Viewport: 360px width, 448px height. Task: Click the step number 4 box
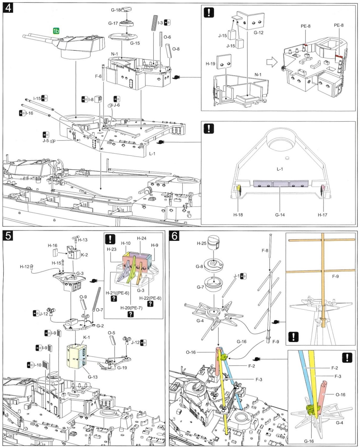click(8, 8)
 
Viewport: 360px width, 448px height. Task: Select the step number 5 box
click(8, 236)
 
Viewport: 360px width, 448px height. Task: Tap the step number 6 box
click(174, 236)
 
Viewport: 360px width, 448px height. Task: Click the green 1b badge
click(56, 31)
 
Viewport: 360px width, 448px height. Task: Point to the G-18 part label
click(116, 10)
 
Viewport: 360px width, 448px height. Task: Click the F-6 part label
click(98, 76)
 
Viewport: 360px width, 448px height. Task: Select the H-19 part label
click(210, 64)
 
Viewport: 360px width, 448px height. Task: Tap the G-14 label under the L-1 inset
click(280, 215)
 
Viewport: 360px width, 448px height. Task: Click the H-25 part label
click(201, 243)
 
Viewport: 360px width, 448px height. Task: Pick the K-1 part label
click(87, 337)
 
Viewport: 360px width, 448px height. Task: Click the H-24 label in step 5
click(141, 238)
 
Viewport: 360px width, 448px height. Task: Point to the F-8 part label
click(265, 250)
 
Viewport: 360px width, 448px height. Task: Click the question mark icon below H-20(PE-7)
click(131, 314)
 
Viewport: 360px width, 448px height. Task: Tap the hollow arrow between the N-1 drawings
click(272, 62)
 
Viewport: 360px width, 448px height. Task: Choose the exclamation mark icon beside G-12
click(209, 13)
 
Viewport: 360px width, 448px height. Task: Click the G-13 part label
click(93, 377)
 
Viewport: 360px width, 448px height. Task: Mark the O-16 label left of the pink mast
click(191, 352)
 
